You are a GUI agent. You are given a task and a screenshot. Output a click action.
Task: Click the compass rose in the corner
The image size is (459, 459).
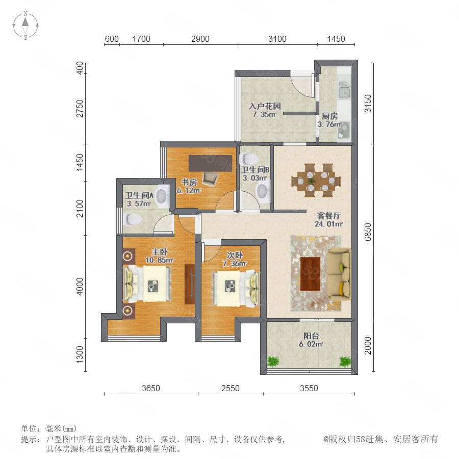25,25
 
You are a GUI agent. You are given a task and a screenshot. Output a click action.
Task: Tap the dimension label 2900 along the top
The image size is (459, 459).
200,39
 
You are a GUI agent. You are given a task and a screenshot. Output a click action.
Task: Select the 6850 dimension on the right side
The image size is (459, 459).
368,232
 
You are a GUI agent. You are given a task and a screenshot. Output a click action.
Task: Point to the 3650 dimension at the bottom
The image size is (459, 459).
151,388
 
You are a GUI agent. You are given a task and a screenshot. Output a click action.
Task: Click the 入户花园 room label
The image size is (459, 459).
265,106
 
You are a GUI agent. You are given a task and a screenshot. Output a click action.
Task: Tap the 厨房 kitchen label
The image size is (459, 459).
330,116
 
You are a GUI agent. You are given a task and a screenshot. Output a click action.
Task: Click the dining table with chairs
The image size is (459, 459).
316,180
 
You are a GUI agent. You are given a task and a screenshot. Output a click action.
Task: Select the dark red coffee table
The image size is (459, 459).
310,274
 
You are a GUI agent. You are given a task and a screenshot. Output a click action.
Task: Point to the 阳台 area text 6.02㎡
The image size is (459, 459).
311,345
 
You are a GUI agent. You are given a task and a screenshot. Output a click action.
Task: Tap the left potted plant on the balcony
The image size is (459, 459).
273,361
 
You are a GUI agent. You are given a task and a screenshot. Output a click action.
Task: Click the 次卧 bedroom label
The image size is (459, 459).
235,256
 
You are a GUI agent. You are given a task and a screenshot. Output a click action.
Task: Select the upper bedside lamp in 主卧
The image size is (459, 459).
127,256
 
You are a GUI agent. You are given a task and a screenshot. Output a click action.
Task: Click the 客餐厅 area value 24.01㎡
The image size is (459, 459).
328,224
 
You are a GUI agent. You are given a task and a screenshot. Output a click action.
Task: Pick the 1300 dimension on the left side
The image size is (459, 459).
80,355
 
